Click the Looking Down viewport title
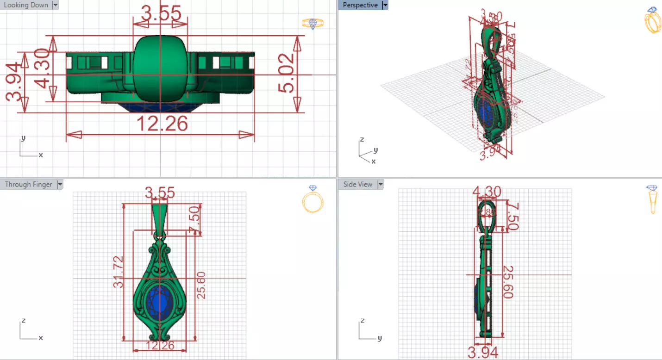26,5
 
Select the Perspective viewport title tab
360,5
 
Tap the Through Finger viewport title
28,184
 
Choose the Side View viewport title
358,184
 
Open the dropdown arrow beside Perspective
385,5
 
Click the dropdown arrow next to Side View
381,184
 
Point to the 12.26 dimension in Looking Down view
162,124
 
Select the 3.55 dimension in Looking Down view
161,14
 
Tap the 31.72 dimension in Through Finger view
119,272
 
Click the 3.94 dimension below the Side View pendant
483,353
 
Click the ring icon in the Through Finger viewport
312,199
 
